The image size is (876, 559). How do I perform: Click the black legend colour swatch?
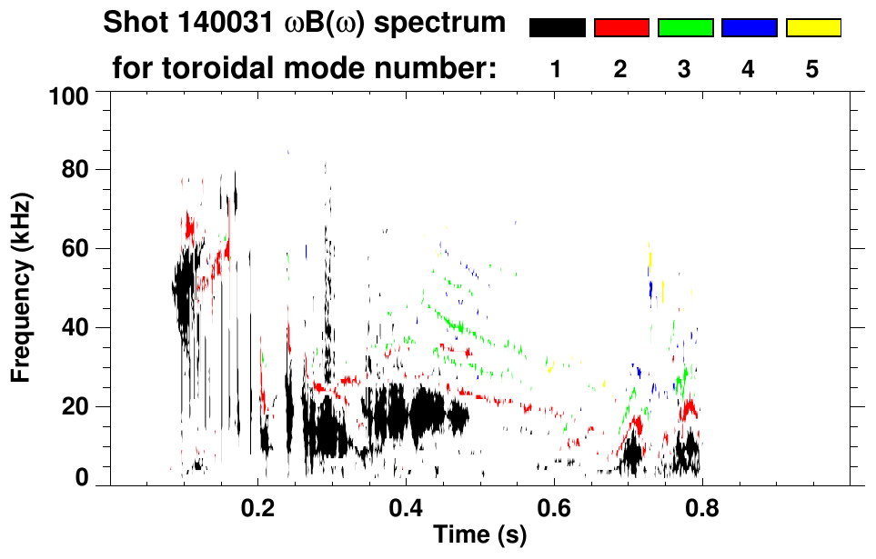[x=557, y=28]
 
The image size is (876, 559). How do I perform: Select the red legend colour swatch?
[x=621, y=28]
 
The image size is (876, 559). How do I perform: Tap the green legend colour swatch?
[x=685, y=28]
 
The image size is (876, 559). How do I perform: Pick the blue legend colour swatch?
[x=749, y=28]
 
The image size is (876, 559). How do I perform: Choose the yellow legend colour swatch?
[x=813, y=28]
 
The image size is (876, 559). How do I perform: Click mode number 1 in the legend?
[x=556, y=69]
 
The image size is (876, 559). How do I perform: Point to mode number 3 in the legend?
[x=684, y=69]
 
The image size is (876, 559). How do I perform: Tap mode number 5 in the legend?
[x=812, y=69]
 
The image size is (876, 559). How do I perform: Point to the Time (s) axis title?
[x=478, y=536]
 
